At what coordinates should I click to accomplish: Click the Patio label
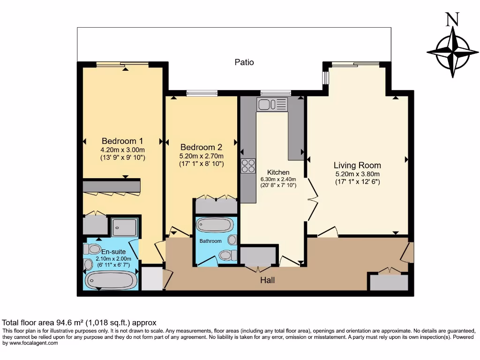pyautogui.click(x=244, y=62)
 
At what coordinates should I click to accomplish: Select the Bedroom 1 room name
pyautogui.click(x=122, y=141)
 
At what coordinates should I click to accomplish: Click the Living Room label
pyautogui.click(x=357, y=165)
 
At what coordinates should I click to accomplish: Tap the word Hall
pyautogui.click(x=268, y=280)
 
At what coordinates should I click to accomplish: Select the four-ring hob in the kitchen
pyautogui.click(x=248, y=166)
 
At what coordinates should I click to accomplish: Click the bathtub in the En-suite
pyautogui.click(x=111, y=280)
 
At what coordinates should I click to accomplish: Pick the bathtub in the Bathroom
pyautogui.click(x=214, y=225)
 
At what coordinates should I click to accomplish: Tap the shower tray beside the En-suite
pyautogui.click(x=124, y=227)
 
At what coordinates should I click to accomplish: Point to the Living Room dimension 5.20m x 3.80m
pyautogui.click(x=357, y=174)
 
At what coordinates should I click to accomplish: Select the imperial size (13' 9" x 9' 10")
pyautogui.click(x=123, y=157)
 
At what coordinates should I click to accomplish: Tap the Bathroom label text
pyautogui.click(x=210, y=241)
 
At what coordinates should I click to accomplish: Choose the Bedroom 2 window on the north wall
pyautogui.click(x=202, y=93)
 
